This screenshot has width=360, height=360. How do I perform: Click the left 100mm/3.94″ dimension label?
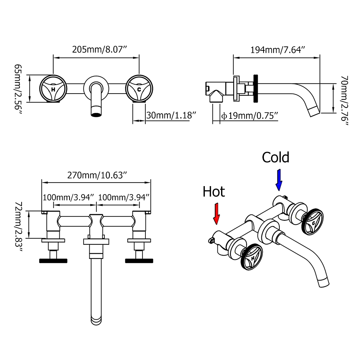(x=69, y=197)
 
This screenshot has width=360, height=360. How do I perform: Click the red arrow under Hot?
(x=217, y=214)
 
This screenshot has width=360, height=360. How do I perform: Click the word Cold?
(x=275, y=157)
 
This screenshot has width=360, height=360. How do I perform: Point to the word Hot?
(x=213, y=192)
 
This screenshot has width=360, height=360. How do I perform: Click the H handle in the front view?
(x=53, y=89)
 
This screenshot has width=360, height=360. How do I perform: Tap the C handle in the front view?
(x=139, y=89)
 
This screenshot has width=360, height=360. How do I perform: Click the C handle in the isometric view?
(x=312, y=222)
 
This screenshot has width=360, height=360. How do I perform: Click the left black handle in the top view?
(x=53, y=260)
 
